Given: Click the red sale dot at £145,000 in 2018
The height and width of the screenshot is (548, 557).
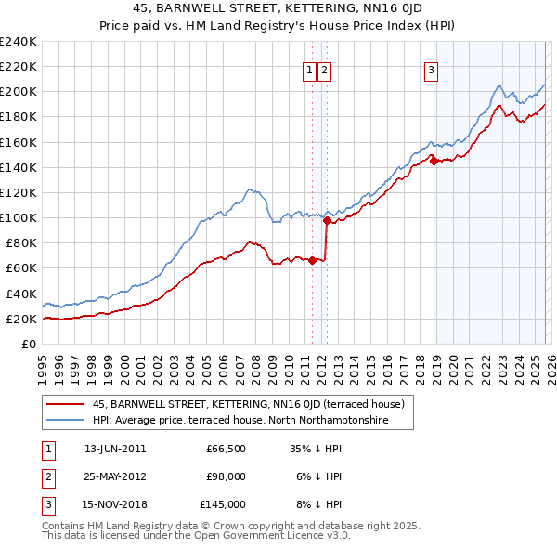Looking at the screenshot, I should [x=434, y=161].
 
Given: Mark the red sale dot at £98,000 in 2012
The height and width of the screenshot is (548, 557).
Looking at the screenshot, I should [x=327, y=220].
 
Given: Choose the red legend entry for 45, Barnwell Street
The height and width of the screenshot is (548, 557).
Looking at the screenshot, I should [x=248, y=405].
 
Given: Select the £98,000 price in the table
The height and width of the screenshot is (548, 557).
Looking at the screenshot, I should [x=226, y=476].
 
